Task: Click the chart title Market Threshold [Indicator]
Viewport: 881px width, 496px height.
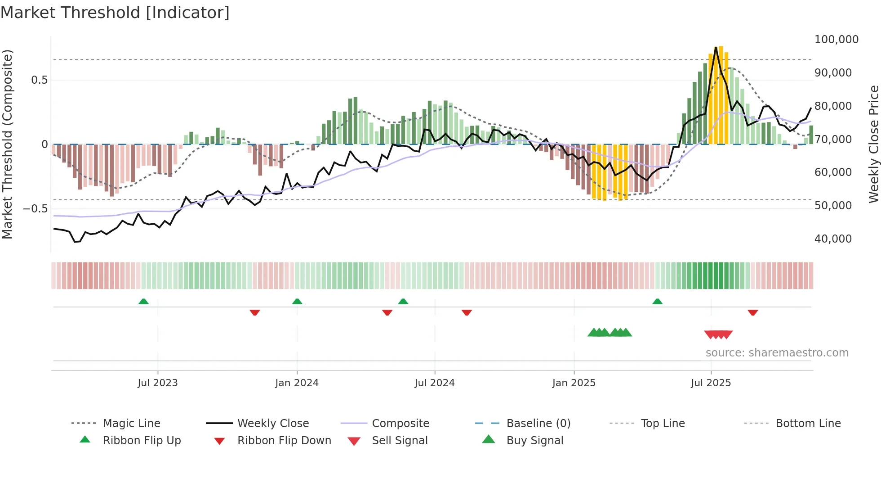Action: tap(115, 13)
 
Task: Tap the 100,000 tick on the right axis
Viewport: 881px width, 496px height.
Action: tap(836, 40)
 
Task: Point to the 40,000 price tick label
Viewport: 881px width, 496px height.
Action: tap(833, 239)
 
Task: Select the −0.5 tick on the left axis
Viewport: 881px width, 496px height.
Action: tap(35, 209)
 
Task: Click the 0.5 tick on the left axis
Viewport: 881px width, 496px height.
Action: tap(39, 80)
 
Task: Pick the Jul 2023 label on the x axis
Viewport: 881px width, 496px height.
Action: tap(157, 383)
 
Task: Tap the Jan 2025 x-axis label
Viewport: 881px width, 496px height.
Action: tap(574, 383)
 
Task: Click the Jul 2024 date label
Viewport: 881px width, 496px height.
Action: tap(434, 383)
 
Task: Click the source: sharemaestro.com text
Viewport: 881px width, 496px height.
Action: tap(777, 353)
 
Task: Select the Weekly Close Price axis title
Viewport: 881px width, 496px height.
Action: tap(873, 144)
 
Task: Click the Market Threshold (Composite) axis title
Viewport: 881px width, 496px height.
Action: tap(7, 144)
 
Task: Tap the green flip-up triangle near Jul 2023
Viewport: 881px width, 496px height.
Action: tap(143, 302)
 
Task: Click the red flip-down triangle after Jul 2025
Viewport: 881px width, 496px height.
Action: tap(752, 312)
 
